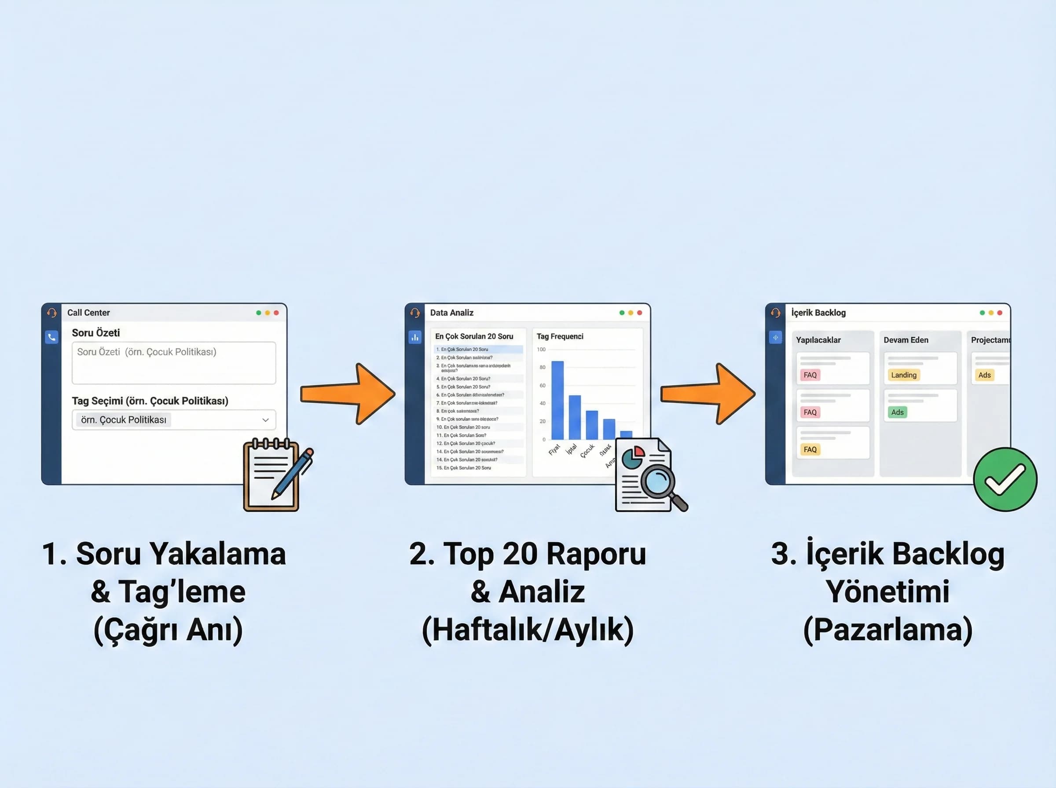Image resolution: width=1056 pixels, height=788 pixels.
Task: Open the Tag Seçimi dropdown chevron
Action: coord(265,420)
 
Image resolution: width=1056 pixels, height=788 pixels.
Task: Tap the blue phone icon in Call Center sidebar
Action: coord(51,337)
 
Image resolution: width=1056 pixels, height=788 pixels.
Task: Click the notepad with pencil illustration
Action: coord(275,475)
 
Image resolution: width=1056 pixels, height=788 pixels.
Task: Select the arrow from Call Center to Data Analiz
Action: coord(348,394)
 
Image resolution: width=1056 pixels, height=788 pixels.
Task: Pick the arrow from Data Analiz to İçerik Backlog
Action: coord(708,394)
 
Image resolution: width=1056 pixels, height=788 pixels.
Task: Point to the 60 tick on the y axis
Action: coord(542,385)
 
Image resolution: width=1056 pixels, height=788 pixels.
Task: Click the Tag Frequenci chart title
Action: coord(560,336)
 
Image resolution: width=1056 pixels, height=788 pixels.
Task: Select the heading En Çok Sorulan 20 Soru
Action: coord(474,336)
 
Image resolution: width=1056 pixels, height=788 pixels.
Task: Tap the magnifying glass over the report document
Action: coord(660,483)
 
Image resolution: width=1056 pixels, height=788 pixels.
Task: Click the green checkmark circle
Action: coord(1005,479)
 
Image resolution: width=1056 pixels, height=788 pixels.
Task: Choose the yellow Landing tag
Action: coord(903,375)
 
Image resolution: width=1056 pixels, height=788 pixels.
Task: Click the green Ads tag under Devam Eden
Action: coord(897,412)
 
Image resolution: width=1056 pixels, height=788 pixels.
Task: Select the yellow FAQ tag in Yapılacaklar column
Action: coord(810,449)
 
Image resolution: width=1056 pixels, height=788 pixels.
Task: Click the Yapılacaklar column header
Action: coord(818,340)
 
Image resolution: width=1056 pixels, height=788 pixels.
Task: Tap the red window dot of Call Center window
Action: coord(276,313)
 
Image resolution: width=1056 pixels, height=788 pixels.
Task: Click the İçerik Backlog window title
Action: coord(818,313)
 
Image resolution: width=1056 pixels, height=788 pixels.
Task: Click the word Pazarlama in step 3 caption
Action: coord(887,629)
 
